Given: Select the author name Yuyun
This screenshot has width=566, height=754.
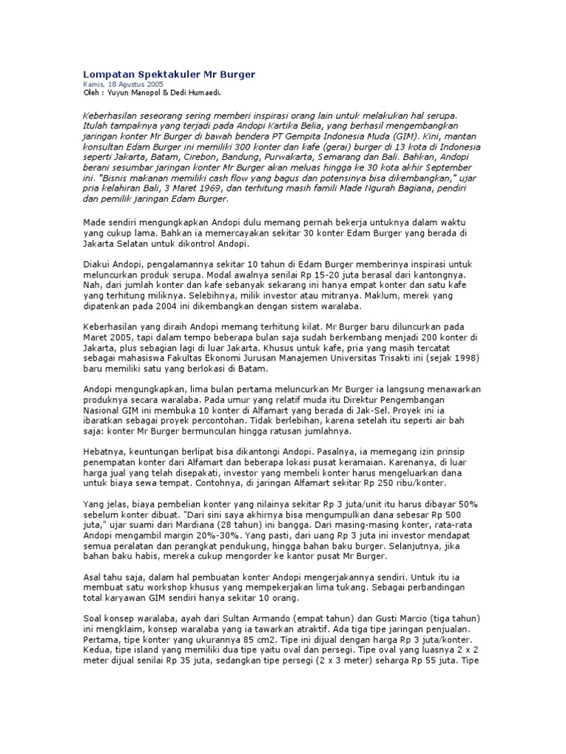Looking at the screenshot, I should pyautogui.click(x=119, y=93).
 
